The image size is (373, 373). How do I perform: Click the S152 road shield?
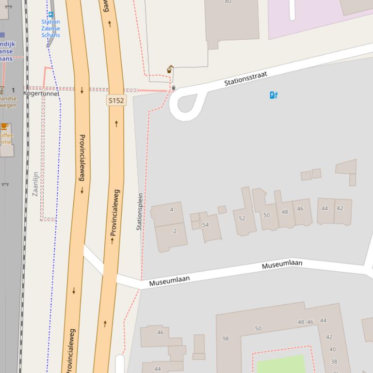[x=116, y=100]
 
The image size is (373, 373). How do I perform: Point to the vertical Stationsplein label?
[x=140, y=211]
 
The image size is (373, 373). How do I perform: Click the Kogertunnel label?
[x=41, y=93]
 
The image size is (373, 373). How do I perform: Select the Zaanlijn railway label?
[x=35, y=184]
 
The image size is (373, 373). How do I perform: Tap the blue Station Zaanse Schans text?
[x=50, y=28]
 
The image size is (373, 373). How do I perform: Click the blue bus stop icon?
[x=50, y=15]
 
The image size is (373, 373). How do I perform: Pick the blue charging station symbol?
[x=273, y=95]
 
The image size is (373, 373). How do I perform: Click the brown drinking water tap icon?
[x=169, y=69]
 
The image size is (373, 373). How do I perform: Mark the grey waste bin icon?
[x=174, y=88]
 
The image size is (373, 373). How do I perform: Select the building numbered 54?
[x=206, y=225]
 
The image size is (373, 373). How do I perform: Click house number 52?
[x=242, y=218]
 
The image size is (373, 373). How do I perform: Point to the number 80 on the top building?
[x=228, y=1]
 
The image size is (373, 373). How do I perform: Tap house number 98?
[x=225, y=339]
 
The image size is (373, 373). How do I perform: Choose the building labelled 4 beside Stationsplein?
[x=171, y=210]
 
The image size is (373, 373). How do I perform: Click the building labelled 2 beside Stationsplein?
[x=175, y=231]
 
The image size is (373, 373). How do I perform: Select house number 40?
[x=332, y=349]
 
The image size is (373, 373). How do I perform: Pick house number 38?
[x=334, y=361]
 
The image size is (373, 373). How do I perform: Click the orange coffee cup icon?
[x=4, y=126]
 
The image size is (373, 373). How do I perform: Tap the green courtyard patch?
[x=281, y=364]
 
